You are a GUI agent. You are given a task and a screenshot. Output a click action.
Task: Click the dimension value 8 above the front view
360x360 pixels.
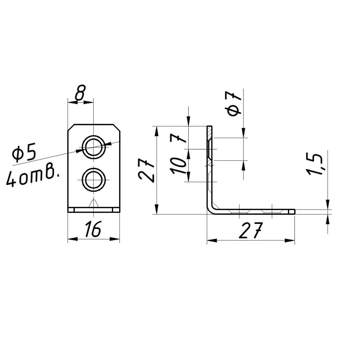[x=80, y=93]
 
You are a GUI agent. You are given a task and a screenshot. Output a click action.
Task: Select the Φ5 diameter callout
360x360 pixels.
[x=24, y=152]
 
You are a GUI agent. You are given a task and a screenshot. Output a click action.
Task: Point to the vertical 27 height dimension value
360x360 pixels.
[x=146, y=170]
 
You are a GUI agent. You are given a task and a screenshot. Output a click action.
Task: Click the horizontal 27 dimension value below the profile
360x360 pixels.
[x=250, y=230]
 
